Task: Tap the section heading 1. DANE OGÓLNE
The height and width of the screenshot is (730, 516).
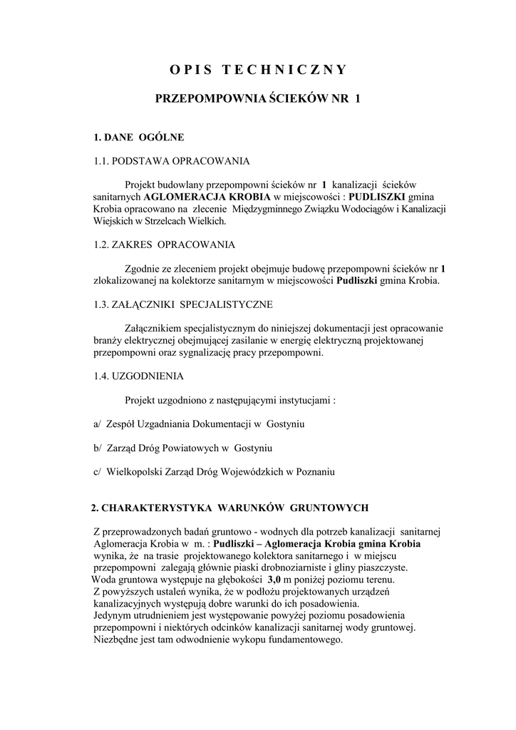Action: pos(139,136)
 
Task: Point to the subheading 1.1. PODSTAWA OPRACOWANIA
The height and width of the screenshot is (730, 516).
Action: pos(171,161)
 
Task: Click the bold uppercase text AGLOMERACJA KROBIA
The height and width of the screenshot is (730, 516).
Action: pos(207,196)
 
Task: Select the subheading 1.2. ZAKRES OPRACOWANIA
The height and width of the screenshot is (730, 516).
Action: pos(164,245)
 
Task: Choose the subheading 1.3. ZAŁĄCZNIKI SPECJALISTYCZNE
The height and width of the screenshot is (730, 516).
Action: pos(182,304)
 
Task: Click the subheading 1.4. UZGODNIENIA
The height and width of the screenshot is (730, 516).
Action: pos(138,376)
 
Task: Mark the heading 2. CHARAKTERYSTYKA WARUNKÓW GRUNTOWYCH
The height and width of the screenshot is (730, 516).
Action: pos(229,508)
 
